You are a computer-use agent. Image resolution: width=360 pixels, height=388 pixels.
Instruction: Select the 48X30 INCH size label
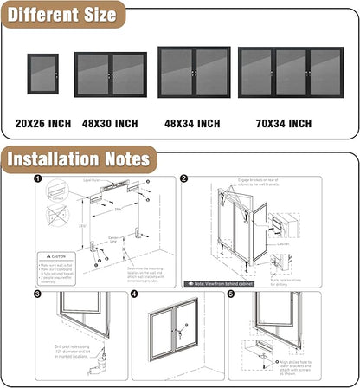pyautogui.click(x=109, y=124)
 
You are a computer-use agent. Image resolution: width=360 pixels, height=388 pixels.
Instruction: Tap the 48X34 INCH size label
pyautogui.click(x=193, y=124)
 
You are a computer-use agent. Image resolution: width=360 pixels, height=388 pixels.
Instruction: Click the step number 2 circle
pyautogui.click(x=183, y=180)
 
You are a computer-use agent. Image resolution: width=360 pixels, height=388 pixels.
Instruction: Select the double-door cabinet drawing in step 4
pyautogui.click(x=179, y=333)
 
